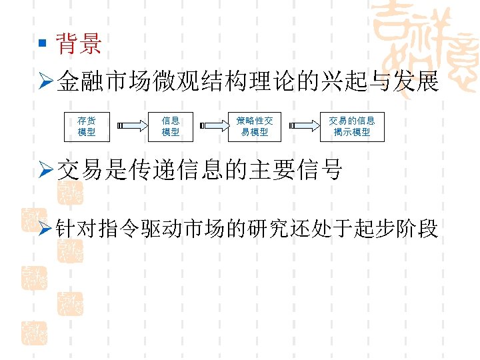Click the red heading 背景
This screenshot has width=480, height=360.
pyautogui.click(x=79, y=45)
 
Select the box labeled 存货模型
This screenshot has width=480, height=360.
pyautogui.click(x=86, y=126)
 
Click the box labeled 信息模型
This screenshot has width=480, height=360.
pyautogui.click(x=171, y=126)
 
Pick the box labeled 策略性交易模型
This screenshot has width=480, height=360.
pyautogui.click(x=255, y=126)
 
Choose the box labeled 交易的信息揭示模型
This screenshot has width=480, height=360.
pyautogui.click(x=352, y=126)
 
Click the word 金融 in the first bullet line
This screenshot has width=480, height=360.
pyautogui.click(x=79, y=83)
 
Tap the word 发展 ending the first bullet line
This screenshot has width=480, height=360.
pyautogui.click(x=417, y=83)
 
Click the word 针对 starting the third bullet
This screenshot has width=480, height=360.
pyautogui.click(x=79, y=229)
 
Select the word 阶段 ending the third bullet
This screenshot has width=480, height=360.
pyautogui.click(x=417, y=229)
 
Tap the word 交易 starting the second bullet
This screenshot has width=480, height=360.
pyautogui.click(x=79, y=171)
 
